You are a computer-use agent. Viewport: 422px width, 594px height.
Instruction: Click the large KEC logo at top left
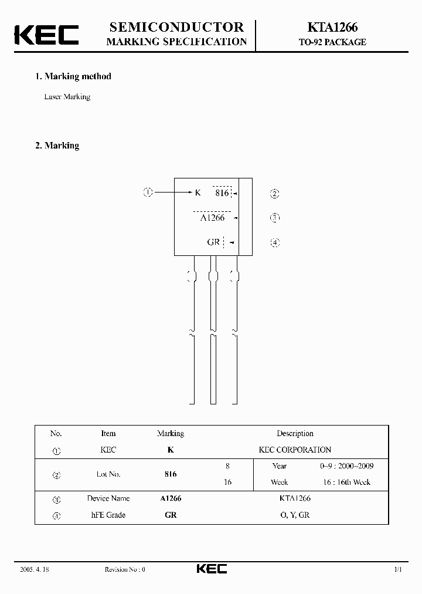coord(46,34)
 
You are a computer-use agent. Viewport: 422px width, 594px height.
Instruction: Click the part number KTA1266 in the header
coord(332,27)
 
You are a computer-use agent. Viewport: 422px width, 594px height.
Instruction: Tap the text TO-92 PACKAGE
coord(332,42)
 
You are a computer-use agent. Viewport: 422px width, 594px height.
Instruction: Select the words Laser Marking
coord(67,97)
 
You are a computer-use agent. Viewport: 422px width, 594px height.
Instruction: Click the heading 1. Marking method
coord(73,76)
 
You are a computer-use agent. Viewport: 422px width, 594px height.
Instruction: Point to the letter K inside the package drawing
coord(198,193)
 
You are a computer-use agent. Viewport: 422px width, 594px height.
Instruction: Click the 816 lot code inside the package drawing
coord(222,193)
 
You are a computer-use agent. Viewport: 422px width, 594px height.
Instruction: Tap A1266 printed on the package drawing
coord(212,218)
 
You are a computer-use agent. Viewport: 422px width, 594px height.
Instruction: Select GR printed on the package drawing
coord(213,242)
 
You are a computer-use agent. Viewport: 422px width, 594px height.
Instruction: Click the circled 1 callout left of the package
coord(148,193)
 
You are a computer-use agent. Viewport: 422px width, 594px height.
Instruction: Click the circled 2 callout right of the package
coord(274,194)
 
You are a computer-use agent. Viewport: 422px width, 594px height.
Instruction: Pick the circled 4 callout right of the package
coord(274,242)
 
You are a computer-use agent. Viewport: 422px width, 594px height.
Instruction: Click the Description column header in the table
coord(295,434)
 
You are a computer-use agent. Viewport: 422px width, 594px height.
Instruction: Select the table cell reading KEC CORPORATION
coord(295,450)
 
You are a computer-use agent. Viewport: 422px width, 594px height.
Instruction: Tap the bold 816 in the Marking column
coord(171,474)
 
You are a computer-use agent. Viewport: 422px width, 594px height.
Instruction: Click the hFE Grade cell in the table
coord(108,515)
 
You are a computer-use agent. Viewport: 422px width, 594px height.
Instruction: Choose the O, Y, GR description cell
coord(295,515)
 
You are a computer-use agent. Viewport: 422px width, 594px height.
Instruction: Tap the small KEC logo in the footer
coord(211,569)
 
